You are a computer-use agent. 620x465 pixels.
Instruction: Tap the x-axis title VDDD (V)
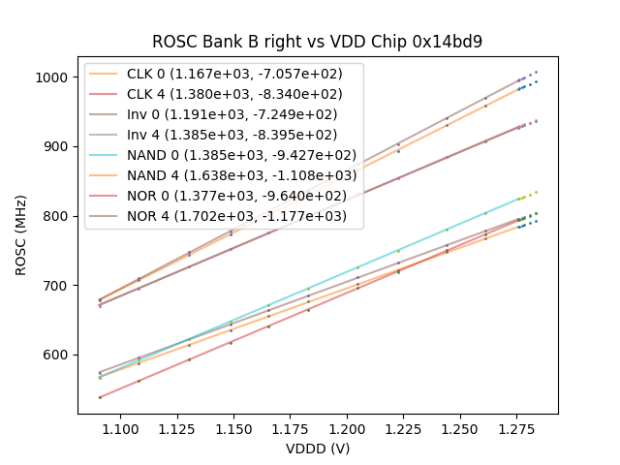[318, 449]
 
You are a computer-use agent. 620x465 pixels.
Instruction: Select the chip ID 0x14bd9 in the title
[447, 43]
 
